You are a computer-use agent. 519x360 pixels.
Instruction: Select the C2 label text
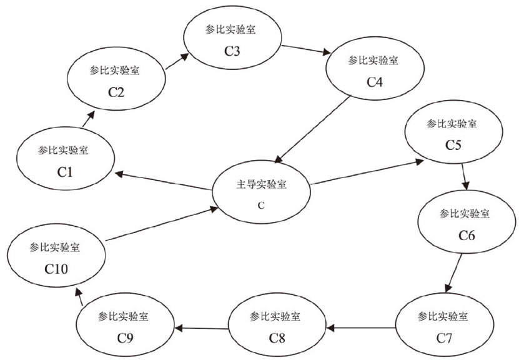117,92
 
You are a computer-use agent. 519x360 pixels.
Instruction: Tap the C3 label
232,50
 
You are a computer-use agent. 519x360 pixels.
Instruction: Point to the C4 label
374,82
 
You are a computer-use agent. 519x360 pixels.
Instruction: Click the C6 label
467,236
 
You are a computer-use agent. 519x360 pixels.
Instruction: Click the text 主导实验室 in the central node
261,186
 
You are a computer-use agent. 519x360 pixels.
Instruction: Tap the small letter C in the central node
261,204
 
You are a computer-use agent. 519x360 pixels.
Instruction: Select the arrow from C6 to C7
454,272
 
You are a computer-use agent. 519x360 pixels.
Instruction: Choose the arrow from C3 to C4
307,50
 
